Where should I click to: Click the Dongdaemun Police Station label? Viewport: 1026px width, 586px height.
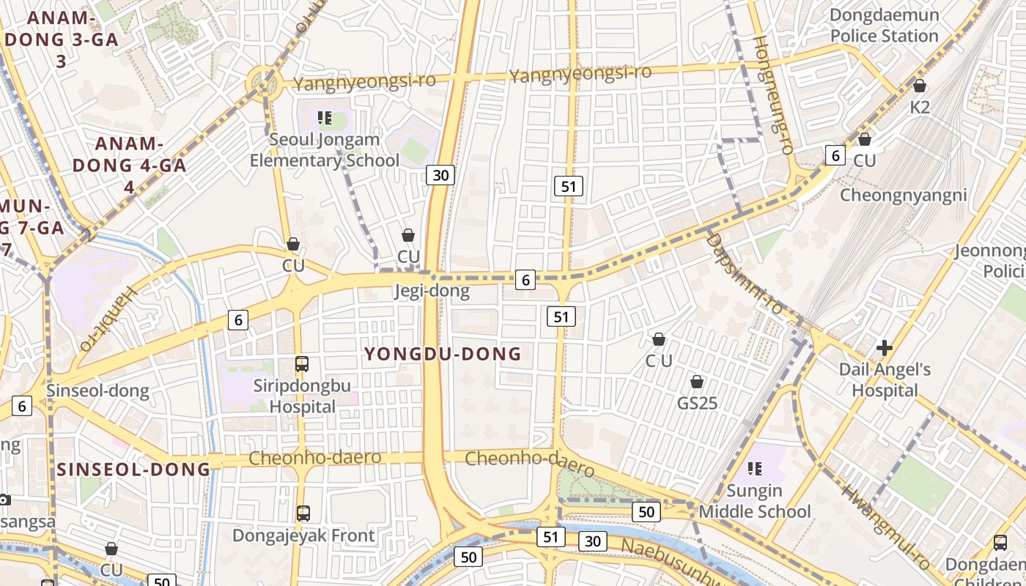(x=884, y=26)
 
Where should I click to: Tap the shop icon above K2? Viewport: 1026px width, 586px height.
(x=920, y=86)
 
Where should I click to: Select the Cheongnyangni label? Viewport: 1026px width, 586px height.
(x=903, y=196)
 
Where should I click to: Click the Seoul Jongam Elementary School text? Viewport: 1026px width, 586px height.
(x=325, y=150)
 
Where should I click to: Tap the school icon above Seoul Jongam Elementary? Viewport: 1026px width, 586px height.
(x=325, y=117)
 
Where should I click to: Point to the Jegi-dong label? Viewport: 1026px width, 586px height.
(x=431, y=292)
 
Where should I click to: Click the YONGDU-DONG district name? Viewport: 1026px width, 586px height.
(x=443, y=355)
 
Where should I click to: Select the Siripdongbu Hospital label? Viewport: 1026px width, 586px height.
(x=302, y=396)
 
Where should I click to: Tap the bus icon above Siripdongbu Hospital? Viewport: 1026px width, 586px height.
(x=301, y=364)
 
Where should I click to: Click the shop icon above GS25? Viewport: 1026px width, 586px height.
(x=697, y=382)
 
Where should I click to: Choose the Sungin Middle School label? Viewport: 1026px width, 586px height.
(x=755, y=501)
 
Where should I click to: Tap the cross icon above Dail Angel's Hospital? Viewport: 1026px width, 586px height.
(x=885, y=347)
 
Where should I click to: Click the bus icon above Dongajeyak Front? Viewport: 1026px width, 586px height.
(x=303, y=513)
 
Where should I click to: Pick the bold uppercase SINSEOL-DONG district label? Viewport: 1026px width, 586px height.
(x=133, y=469)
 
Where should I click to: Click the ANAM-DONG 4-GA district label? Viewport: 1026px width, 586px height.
(x=129, y=165)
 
